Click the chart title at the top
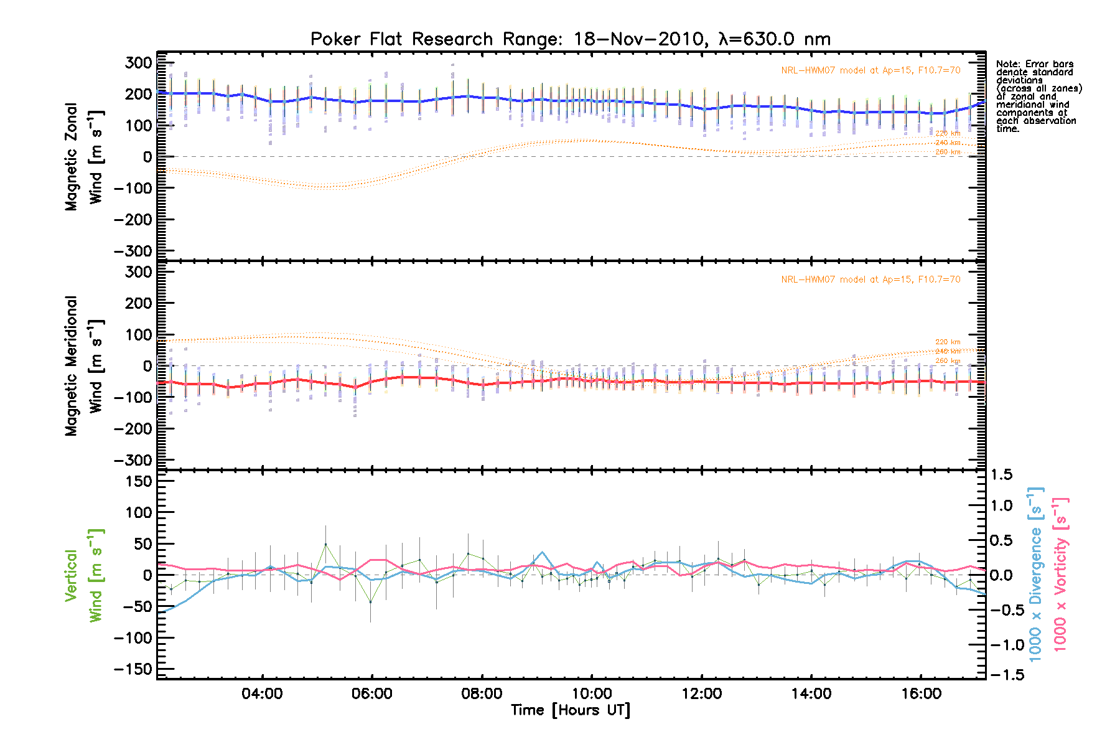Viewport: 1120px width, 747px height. pyautogui.click(x=570, y=39)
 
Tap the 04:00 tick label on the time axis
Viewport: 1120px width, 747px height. pyautogui.click(x=262, y=693)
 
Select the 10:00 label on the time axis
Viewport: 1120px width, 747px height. pyautogui.click(x=592, y=693)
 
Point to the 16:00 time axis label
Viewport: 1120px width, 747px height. pyautogui.click(x=921, y=693)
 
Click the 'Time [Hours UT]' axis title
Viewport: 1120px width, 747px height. pyautogui.click(x=570, y=710)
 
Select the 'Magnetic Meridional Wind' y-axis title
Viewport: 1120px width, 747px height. pyautogui.click(x=83, y=366)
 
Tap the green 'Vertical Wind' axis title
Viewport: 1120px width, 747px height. pyautogui.click(x=83, y=575)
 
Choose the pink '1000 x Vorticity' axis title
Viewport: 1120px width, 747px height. pyautogui.click(x=1060, y=574)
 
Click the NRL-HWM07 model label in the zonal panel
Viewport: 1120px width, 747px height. pyautogui.click(x=870, y=70)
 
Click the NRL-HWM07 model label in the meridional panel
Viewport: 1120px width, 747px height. pyautogui.click(x=870, y=280)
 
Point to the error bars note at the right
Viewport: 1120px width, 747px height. pyautogui.click(x=1038, y=96)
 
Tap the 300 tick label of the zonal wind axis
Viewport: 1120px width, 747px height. pyautogui.click(x=138, y=63)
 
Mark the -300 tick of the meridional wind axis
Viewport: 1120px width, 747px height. pyautogui.click(x=133, y=460)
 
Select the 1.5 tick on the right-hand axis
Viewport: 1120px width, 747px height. pyautogui.click(x=1001, y=475)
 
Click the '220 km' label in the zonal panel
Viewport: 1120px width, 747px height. pyautogui.click(x=948, y=133)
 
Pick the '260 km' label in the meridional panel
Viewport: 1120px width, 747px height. pyautogui.click(x=948, y=361)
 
